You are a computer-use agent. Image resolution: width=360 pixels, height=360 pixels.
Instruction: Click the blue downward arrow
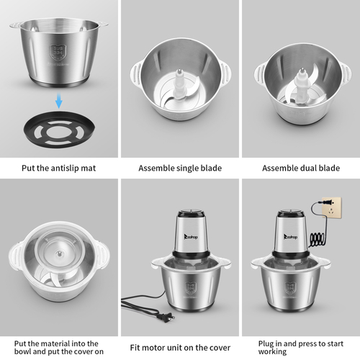tap(59, 101)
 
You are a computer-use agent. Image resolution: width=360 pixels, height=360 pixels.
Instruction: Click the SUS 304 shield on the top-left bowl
tap(58, 53)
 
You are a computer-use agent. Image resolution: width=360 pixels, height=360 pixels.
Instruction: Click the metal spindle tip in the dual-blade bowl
tap(302, 71)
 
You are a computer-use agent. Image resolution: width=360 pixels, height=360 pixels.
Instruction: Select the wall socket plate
tap(333, 208)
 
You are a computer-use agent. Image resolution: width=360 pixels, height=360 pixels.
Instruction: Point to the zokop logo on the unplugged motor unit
tap(191, 237)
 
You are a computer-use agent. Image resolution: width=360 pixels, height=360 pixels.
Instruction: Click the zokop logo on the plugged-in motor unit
tap(291, 237)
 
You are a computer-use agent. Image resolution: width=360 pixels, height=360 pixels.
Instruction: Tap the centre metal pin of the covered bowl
tap(58, 253)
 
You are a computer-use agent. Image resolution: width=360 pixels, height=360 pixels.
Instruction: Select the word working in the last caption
tap(272, 352)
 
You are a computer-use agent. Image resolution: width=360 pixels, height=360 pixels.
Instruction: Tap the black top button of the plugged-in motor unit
tap(291, 212)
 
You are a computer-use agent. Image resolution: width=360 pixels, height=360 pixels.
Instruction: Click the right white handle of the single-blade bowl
tap(225, 73)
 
